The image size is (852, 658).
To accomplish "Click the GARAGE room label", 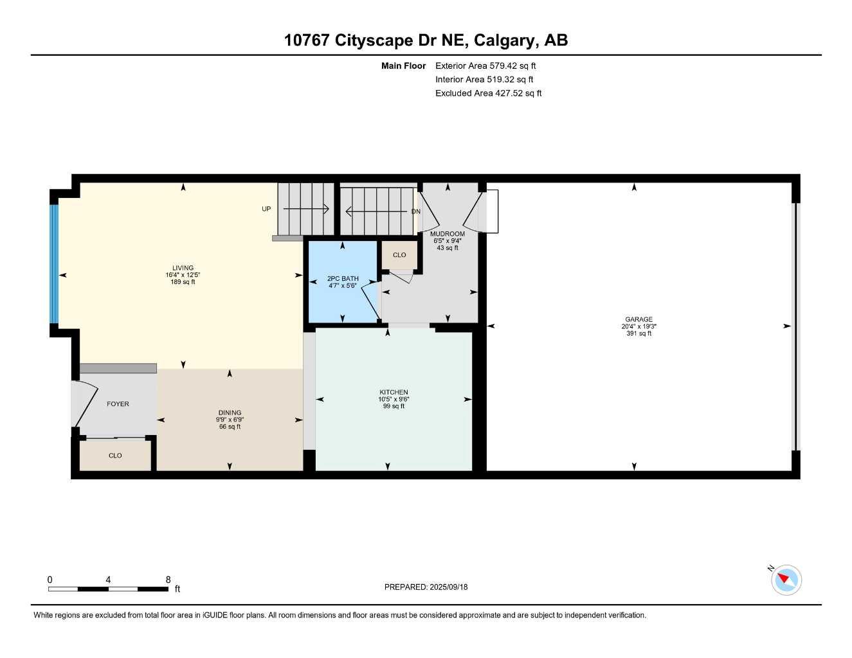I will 639,319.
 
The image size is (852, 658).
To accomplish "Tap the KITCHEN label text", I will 394,392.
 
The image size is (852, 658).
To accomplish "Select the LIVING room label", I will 183,268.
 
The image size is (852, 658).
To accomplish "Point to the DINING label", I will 230,413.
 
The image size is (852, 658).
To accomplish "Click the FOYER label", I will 118,404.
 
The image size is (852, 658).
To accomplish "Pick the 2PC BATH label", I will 343,279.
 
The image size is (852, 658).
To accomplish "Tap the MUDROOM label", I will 448,234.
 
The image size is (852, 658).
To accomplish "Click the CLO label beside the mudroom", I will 399,255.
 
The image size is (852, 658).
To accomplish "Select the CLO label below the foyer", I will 115,456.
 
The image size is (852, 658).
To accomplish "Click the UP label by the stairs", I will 266,209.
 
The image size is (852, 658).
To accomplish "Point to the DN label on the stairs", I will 415,211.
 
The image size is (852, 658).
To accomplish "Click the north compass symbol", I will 786,580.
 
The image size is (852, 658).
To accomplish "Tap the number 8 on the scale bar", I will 168,580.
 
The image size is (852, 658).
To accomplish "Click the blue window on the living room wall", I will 55,263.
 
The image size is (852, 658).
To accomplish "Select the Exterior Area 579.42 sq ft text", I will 485,66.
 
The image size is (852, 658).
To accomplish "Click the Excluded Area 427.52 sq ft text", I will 488,93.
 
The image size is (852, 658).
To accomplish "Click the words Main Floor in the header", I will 403,66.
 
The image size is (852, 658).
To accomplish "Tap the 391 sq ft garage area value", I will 639,333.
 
